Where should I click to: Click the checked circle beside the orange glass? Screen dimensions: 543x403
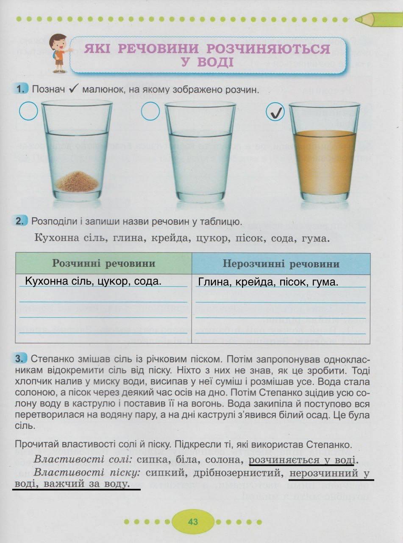pos(275,112)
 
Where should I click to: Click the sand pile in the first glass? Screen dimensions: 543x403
pos(77,182)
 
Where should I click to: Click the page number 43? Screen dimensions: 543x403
pos(193,521)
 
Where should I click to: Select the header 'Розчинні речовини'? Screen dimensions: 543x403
pos(103,263)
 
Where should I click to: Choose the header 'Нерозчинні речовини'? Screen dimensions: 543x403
pos(281,264)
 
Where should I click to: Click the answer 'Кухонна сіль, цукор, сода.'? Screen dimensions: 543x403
pos(93,281)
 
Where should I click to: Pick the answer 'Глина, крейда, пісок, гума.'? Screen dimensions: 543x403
pos(268,282)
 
